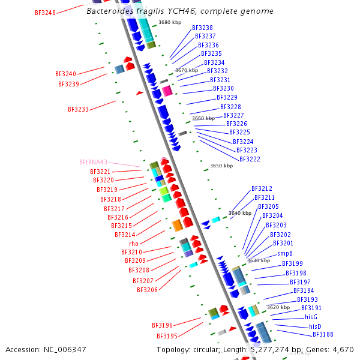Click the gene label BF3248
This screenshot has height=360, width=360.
coord(45,13)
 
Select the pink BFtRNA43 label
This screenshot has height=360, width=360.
coord(93,162)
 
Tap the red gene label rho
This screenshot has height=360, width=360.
coord(134,244)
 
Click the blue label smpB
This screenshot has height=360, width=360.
coord(285,254)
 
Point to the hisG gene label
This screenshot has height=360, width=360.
coord(311,317)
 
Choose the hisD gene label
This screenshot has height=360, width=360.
coord(315,326)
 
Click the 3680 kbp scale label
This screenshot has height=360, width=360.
coord(170,23)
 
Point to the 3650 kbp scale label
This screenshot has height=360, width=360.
coord(221,166)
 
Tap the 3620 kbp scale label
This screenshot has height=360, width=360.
coord(278,307)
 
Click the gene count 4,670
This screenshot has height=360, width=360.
coord(341,349)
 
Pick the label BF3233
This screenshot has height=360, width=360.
coord(78,110)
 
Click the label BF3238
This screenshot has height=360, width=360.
coord(202,28)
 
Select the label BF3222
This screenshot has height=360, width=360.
coord(250,159)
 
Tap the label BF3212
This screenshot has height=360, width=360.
coord(262,188)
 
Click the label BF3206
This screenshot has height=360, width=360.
coord(147,290)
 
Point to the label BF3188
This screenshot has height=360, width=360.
coord(323,334)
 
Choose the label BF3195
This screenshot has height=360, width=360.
coord(167,336)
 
